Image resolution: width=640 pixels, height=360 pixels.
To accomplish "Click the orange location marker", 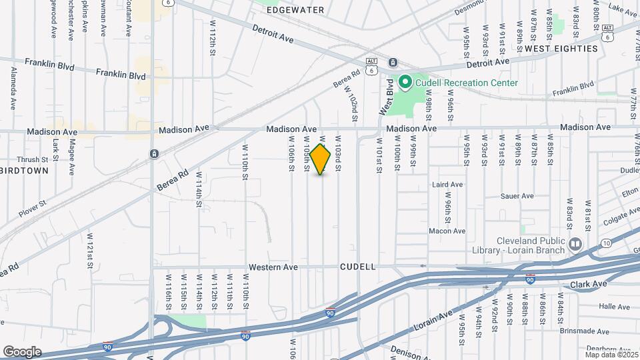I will [321, 159].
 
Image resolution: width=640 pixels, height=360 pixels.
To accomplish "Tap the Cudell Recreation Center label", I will [467, 83].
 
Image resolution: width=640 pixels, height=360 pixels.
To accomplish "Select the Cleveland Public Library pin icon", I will [575, 245].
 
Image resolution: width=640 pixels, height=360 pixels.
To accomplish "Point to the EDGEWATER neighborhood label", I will [295, 10].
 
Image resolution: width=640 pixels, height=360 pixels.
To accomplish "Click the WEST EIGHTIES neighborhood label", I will [561, 49].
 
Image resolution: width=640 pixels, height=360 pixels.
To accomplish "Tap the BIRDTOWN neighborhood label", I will [25, 171].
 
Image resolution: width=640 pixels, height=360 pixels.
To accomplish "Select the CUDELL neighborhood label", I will [358, 267].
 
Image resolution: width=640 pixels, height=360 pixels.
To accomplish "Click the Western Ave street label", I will [272, 267].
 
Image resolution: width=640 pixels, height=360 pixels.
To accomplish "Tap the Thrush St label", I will [33, 160].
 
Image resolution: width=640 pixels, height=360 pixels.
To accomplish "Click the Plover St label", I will [32, 207].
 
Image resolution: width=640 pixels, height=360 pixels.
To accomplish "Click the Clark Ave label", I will [589, 284].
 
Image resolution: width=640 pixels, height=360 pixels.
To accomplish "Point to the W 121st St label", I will [89, 251].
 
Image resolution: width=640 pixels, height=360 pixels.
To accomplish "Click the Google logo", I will [22, 351].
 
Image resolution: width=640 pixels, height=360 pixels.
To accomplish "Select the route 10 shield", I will [605, 244].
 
